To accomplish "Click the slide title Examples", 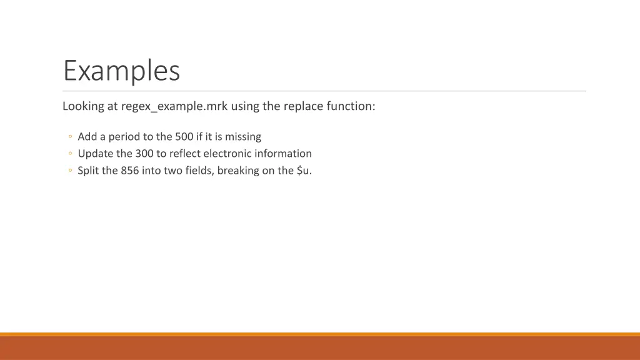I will click(x=121, y=71).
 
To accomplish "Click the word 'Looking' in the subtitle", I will click(x=83, y=106).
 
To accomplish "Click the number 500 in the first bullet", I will click(x=184, y=136).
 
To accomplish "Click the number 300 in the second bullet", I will click(x=144, y=153).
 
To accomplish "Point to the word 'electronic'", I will click(x=227, y=153).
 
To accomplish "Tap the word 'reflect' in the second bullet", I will click(x=182, y=153).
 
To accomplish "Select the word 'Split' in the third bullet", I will click(x=88, y=171).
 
